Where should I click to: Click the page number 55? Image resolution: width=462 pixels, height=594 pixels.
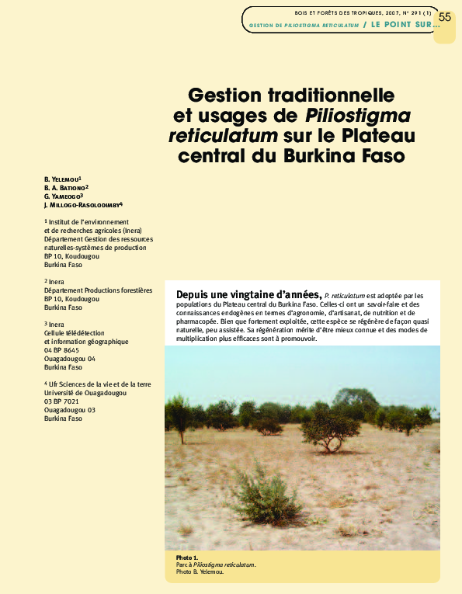tap(444, 18)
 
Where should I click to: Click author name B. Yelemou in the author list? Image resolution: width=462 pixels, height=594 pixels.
tap(68, 179)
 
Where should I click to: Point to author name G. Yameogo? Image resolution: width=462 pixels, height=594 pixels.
tap(63, 196)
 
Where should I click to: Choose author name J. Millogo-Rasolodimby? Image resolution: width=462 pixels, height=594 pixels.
tap(83, 204)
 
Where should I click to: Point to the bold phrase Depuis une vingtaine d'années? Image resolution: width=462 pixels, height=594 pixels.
tap(248, 295)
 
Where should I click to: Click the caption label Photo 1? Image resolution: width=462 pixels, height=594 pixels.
tap(187, 557)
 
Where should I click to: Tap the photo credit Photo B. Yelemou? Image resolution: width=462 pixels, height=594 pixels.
tap(200, 572)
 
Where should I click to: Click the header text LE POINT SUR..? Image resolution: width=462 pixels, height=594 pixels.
tap(404, 25)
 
